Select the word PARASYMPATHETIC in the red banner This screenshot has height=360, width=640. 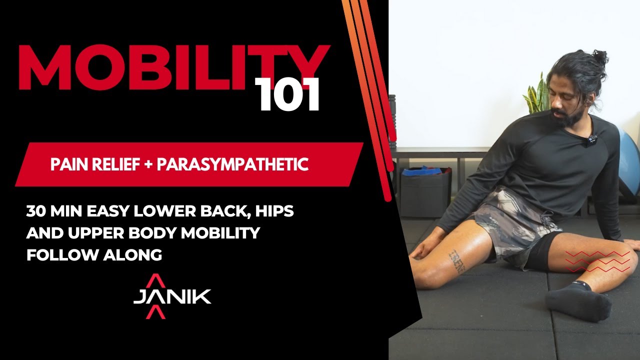tap(232, 164)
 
